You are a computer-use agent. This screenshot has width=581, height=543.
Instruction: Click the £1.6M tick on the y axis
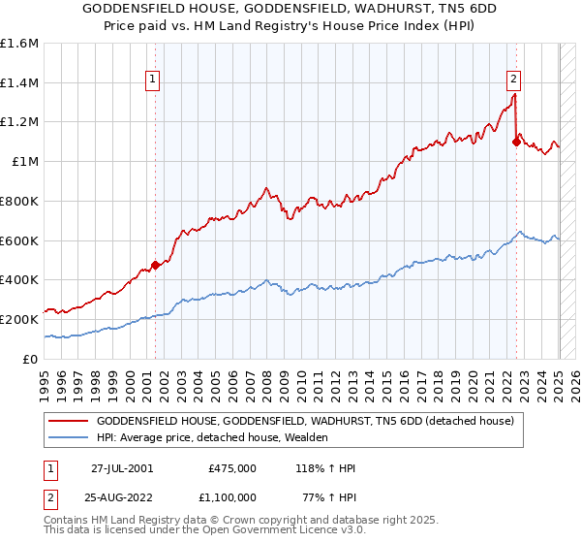(x=19, y=44)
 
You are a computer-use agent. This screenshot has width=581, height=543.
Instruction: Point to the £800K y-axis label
(x=19, y=201)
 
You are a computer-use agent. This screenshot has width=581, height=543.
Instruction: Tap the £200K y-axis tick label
(x=19, y=319)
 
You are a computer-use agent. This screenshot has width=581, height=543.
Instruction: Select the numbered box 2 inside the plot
(x=513, y=80)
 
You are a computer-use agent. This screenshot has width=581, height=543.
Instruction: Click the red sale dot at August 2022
(x=516, y=143)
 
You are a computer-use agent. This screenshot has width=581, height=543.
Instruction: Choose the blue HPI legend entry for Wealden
(x=212, y=438)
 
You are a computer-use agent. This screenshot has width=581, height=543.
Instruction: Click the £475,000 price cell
(x=232, y=467)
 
